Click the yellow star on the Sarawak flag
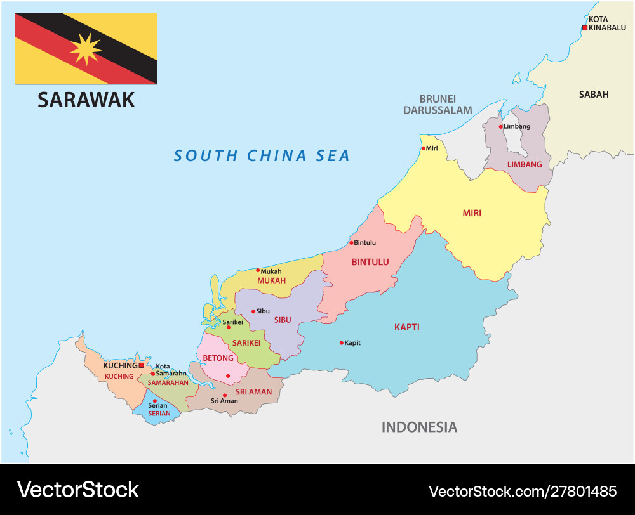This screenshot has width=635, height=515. tap(86, 49)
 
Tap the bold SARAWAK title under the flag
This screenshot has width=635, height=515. tap(86, 100)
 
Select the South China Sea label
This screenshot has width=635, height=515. tap(262, 155)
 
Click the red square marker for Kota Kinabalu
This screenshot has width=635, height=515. tap(585, 27)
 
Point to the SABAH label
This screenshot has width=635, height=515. tap(593, 95)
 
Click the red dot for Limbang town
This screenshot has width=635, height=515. tap(500, 127)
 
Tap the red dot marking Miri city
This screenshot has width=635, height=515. tap(423, 148)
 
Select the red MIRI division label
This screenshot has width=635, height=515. tap(471, 213)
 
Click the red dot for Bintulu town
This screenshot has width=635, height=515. tap(351, 242)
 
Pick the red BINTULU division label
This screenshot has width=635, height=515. tap(370, 262)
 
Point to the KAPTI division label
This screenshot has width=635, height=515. tap(406, 327)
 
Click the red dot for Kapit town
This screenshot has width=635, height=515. tap(341, 343)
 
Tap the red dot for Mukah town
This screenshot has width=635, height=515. tap(258, 270)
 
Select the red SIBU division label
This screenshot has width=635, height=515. tap(282, 320)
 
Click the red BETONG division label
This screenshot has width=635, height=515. tap(218, 358)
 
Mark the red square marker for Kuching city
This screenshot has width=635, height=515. tap(141, 365)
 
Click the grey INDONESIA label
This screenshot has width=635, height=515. tap(419, 427)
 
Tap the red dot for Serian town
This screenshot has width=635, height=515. tap(154, 401)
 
